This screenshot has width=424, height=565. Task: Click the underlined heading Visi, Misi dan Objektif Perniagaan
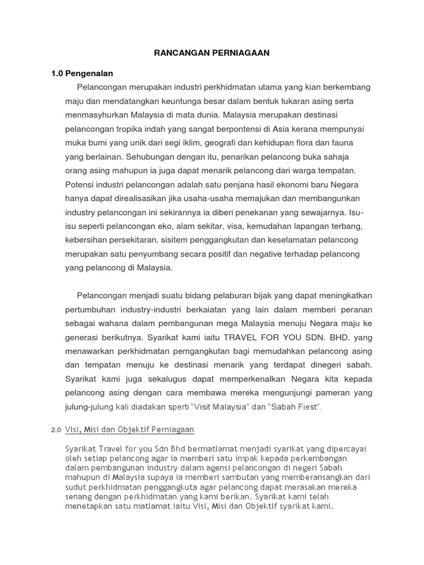click(130, 429)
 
